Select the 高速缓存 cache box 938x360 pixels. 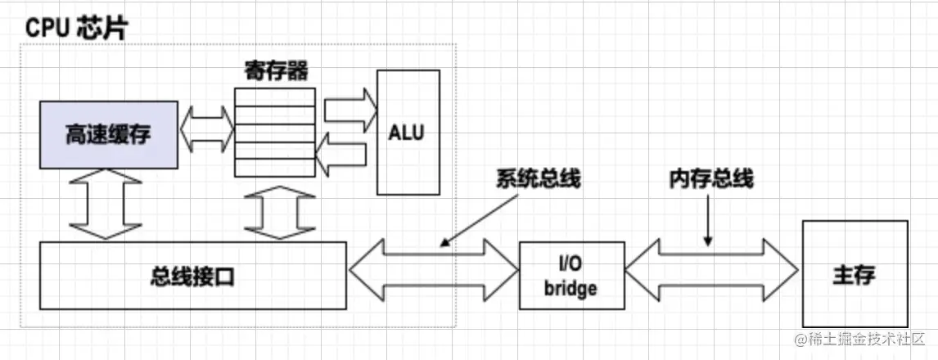(109, 135)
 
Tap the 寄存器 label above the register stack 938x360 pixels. (276, 72)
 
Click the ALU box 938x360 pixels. (408, 133)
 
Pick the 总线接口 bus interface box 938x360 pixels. (193, 276)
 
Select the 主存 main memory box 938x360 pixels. (855, 274)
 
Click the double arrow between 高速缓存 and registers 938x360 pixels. (206, 129)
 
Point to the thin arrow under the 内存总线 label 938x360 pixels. (708, 221)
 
